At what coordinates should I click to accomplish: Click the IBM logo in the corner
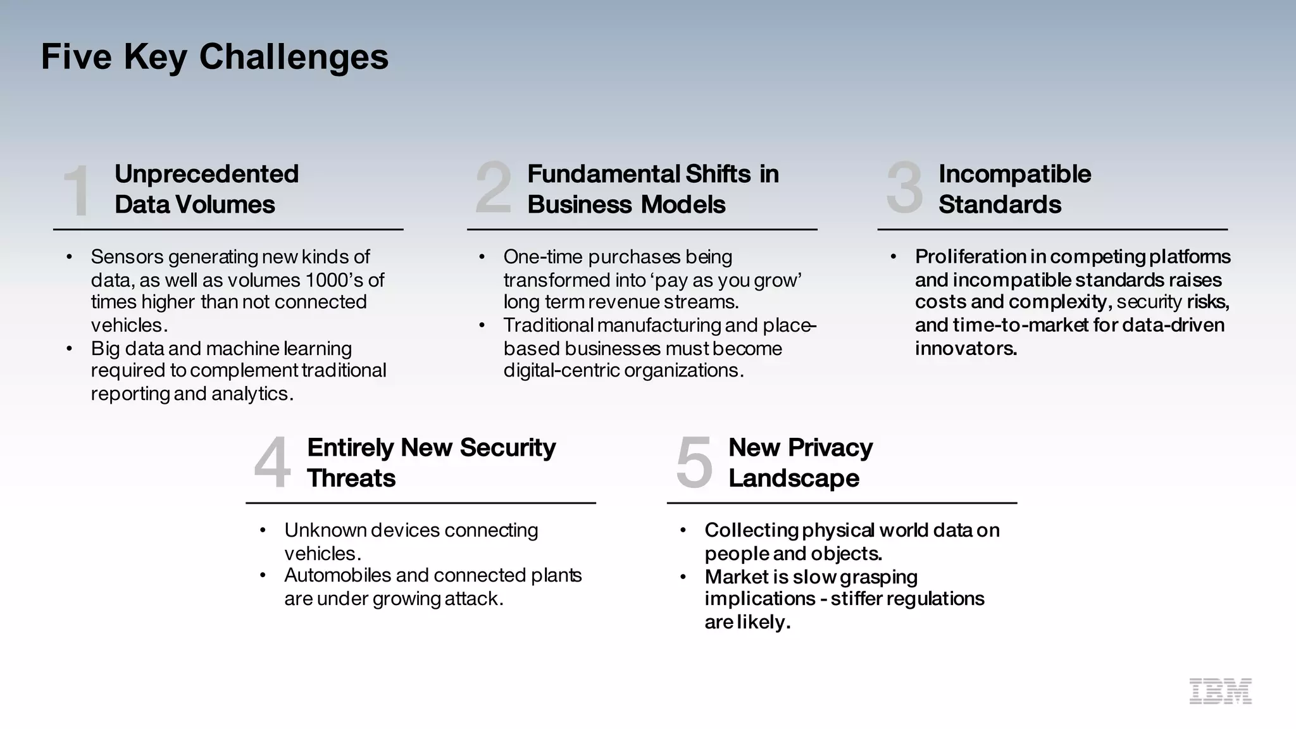[1220, 691]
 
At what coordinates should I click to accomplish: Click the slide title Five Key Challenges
[215, 57]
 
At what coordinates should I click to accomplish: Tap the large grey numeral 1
[78, 190]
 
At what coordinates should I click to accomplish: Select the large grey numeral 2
[493, 187]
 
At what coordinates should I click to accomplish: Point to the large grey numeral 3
[904, 187]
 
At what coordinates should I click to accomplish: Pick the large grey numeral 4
[272, 462]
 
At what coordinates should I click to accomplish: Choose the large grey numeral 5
[694, 462]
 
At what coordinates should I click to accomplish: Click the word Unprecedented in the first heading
[206, 174]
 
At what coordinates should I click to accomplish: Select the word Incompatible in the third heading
[1014, 174]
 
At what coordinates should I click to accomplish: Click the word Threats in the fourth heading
[351, 478]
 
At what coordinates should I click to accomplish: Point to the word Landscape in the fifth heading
[794, 478]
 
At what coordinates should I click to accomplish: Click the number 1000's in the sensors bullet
[334, 280]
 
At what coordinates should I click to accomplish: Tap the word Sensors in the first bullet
[127, 257]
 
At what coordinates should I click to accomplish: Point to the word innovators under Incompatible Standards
[966, 348]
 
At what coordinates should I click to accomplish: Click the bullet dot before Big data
[69, 348]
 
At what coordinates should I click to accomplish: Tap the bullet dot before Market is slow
[683, 576]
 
